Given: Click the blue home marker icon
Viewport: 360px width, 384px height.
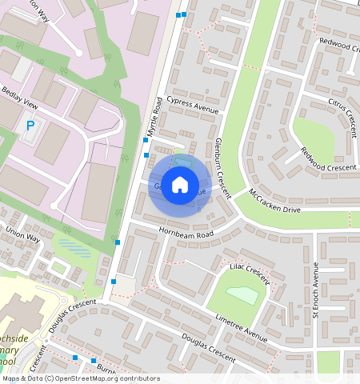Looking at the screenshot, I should [x=180, y=185].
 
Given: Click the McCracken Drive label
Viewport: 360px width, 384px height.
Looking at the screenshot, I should [x=274, y=200].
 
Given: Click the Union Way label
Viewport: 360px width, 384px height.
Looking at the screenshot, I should [x=22, y=234].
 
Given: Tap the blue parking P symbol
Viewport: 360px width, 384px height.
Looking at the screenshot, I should [x=30, y=126].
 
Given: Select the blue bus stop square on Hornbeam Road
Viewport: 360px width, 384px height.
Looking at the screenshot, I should [x=118, y=242].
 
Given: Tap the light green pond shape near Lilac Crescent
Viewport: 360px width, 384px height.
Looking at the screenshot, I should [x=243, y=295].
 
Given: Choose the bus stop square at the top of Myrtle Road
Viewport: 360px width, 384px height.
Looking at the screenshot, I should [x=183, y=14].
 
